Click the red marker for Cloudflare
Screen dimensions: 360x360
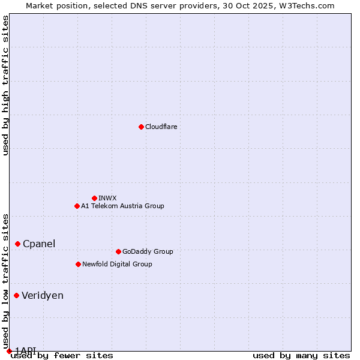pos(141,127)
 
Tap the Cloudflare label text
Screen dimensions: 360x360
pos(161,127)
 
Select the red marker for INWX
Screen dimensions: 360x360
pos(94,198)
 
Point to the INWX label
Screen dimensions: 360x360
pos(107,198)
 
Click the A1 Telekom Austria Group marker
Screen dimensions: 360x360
pos(77,206)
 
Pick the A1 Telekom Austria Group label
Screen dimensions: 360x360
pos(122,206)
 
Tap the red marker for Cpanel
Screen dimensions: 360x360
pos(17,244)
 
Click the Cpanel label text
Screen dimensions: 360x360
pos(39,244)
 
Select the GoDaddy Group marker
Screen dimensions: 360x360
pos(118,251)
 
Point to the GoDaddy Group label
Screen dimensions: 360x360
pos(148,251)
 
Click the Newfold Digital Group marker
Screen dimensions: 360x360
pos(78,264)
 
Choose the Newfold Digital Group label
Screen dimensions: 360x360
pos(117,264)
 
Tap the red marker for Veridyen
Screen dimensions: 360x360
pos(16,295)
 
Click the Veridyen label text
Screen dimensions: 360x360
pos(43,295)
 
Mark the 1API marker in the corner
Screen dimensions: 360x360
pos(9,351)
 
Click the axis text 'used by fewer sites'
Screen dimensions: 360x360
pos(62,356)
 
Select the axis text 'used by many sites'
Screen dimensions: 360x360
pos(301,356)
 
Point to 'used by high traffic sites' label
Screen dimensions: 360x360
pos(5,85)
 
